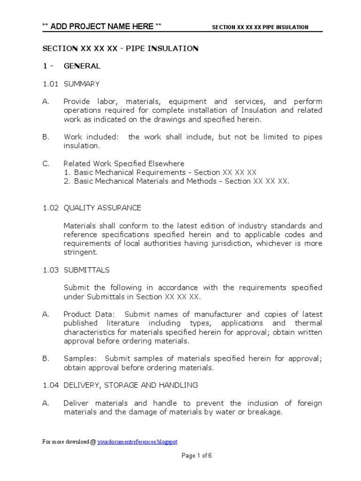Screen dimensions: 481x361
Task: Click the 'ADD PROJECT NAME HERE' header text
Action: pos(102,26)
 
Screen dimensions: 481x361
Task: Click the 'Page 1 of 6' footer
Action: pos(197,455)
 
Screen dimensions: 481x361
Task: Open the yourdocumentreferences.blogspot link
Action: pos(137,442)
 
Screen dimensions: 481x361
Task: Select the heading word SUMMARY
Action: pos(82,84)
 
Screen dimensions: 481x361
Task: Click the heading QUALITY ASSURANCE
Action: pos(102,208)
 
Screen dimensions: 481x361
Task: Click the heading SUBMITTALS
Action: pos(86,270)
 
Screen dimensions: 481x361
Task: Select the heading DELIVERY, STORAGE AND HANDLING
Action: pos(131,385)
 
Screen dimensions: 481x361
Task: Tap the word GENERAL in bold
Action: pos(82,66)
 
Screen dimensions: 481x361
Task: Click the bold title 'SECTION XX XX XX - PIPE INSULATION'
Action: pos(120,48)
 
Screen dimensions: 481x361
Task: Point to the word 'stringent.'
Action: pos(80,252)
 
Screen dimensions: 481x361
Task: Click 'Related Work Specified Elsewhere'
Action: pos(124,163)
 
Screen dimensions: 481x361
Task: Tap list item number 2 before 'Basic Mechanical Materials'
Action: pos(67,181)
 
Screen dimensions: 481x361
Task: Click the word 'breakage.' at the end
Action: pos(267,412)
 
